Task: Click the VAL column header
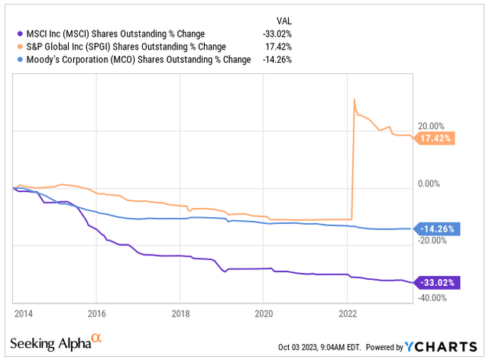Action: (x=283, y=20)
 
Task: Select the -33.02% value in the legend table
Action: (x=279, y=33)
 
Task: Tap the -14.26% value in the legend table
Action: (x=279, y=60)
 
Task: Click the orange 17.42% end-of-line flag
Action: (x=435, y=138)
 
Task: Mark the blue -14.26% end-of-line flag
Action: (x=435, y=229)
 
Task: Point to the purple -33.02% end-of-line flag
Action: (x=435, y=282)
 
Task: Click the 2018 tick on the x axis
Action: (x=180, y=313)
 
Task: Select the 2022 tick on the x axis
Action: (x=348, y=313)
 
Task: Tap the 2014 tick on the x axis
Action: (x=22, y=313)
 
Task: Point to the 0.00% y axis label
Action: (x=429, y=183)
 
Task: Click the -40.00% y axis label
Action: (x=429, y=298)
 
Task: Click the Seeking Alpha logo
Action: (x=58, y=340)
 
